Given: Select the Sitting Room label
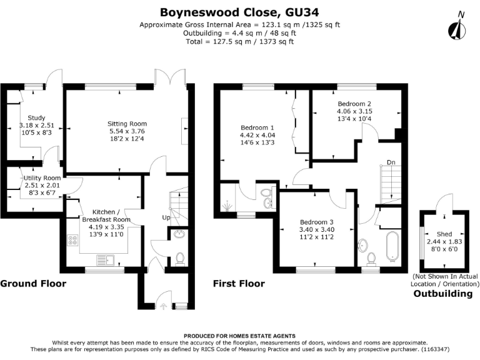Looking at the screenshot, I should [127, 124].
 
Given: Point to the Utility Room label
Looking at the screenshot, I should [40, 178].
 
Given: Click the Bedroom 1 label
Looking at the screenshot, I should [257, 128].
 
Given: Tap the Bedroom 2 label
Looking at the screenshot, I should [354, 104].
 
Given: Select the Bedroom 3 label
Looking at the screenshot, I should [317, 222].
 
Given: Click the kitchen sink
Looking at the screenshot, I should [105, 259].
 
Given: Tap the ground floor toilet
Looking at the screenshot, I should [180, 257].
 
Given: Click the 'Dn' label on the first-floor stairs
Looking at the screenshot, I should [391, 162].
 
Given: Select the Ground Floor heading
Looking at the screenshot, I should [32, 283].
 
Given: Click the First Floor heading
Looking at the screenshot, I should [239, 283].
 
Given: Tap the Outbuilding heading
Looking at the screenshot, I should [443, 294].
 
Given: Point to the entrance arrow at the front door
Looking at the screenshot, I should [164, 306].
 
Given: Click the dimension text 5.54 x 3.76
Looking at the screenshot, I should [127, 132].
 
